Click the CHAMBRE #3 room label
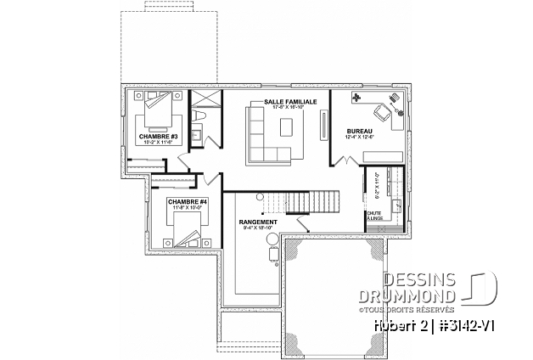point(159,136)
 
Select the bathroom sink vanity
point(196,133)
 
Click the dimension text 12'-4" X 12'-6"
point(361,137)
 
